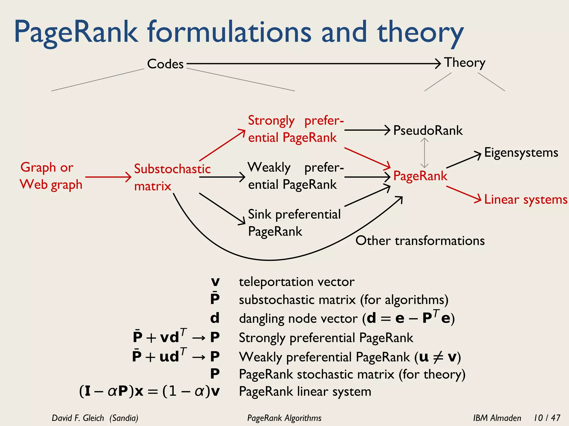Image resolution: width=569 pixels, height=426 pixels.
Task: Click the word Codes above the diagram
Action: pyautogui.click(x=165, y=64)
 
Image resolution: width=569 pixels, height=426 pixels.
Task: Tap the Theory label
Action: pyautogui.click(x=465, y=63)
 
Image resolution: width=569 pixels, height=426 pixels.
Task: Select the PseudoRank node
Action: pyautogui.click(x=428, y=130)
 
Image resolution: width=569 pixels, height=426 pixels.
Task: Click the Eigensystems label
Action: pyautogui.click(x=521, y=153)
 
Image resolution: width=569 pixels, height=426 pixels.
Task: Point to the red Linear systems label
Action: pyautogui.click(x=525, y=199)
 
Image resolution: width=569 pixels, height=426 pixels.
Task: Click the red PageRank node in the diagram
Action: pyautogui.click(x=420, y=176)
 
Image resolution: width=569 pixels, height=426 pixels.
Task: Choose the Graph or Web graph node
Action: pyautogui.click(x=51, y=176)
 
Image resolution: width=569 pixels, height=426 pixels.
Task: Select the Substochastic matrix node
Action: pyautogui.click(x=172, y=177)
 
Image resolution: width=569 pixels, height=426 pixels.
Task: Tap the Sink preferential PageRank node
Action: pyautogui.click(x=294, y=223)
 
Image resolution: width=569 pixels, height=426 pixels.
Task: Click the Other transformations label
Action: pyautogui.click(x=420, y=240)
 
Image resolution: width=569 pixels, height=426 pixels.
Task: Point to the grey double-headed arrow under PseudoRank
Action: pyautogui.click(x=424, y=153)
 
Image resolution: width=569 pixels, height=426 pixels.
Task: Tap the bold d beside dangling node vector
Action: pyautogui.click(x=215, y=318)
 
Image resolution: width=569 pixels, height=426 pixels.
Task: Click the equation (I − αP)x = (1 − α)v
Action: pyautogui.click(x=149, y=391)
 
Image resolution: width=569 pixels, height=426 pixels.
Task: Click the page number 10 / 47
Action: pyautogui.click(x=547, y=418)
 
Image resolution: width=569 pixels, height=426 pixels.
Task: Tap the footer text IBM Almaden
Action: pyautogui.click(x=497, y=418)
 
